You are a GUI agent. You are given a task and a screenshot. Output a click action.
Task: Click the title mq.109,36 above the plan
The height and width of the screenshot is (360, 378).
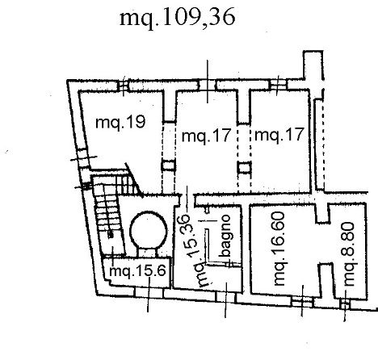[x=178, y=18]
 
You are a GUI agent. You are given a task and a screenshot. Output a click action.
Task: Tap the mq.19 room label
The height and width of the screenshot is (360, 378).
[x=120, y=123]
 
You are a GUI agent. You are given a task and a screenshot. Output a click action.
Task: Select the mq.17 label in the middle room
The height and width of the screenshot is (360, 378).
[x=207, y=136]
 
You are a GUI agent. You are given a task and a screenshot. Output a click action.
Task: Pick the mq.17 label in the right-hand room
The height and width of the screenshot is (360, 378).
[x=279, y=135]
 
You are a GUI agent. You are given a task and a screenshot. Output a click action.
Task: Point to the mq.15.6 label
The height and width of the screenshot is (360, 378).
[x=137, y=270]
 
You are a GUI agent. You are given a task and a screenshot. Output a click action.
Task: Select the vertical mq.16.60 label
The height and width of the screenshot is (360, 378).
[x=279, y=249]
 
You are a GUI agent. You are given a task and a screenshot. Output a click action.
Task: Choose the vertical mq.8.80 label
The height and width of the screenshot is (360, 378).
[x=350, y=253]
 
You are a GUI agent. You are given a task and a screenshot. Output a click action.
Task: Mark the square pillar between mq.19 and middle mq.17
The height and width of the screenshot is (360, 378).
[x=168, y=165]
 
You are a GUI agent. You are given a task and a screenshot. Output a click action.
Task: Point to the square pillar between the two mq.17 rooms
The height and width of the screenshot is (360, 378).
[x=245, y=168]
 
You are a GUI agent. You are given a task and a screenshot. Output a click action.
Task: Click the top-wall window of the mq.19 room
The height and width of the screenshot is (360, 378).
[x=123, y=86]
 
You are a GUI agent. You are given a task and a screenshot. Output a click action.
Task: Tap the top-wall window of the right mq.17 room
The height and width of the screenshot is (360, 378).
[x=278, y=85]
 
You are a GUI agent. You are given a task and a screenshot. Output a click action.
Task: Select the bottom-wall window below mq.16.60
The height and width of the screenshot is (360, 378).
[x=302, y=302]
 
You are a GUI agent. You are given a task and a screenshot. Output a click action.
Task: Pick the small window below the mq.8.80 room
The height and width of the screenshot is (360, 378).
[x=345, y=304]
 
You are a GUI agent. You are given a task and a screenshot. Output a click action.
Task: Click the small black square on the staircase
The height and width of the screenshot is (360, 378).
[x=111, y=235]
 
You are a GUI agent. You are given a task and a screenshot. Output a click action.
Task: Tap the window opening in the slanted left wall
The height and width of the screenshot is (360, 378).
[x=82, y=158]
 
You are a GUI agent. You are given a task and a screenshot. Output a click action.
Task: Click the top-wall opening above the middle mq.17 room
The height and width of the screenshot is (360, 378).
[x=208, y=86]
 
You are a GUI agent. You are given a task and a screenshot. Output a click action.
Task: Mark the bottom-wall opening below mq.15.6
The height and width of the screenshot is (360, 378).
[x=149, y=292]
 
